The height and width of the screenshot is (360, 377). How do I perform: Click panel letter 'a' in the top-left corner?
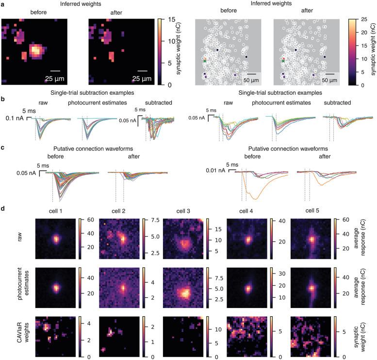(x=3, y=4)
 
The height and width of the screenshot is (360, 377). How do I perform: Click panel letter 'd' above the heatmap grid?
(x=3, y=208)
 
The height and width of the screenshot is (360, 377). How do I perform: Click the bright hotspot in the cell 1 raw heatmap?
(x=56, y=239)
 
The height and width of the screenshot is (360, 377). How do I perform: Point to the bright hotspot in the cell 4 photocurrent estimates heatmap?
(x=248, y=288)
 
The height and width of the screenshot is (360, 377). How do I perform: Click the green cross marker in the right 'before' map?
(x=205, y=61)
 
